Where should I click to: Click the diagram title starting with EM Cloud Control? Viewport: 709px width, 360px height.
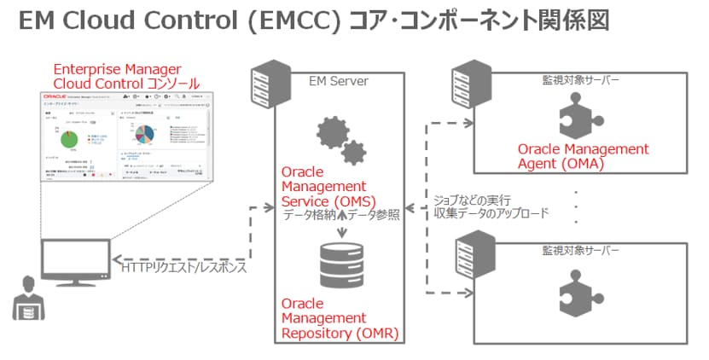313,21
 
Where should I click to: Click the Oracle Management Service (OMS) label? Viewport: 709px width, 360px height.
329,187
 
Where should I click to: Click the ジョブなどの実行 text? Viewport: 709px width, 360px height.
478,199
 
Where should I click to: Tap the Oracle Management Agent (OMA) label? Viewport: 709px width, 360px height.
583,156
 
